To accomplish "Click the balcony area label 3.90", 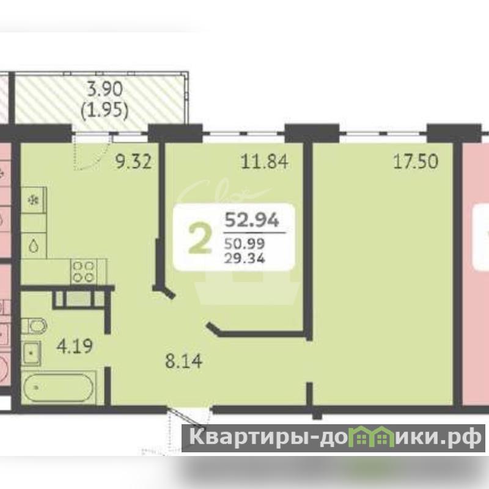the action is click(x=105, y=89).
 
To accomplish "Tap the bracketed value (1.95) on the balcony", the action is click(x=105, y=110).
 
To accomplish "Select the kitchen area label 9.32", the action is click(x=133, y=162).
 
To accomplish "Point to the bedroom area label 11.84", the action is click(x=265, y=162).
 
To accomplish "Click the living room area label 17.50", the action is click(x=416, y=162).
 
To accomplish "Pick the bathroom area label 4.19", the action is click(x=75, y=346).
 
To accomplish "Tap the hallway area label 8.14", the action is click(x=184, y=361).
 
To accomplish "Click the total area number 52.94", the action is click(x=252, y=220).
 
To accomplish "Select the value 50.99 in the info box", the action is click(x=245, y=243).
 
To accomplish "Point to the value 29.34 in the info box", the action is click(x=245, y=258).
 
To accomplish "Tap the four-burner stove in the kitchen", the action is click(x=84, y=271).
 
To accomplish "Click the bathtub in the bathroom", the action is click(x=59, y=388).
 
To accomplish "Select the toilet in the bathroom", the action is click(x=34, y=326).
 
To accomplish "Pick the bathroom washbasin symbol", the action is click(x=31, y=353).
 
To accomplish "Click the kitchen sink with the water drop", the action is click(x=34, y=246).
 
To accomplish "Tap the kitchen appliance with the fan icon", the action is click(x=34, y=200).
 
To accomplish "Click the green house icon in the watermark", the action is click(x=370, y=436).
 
